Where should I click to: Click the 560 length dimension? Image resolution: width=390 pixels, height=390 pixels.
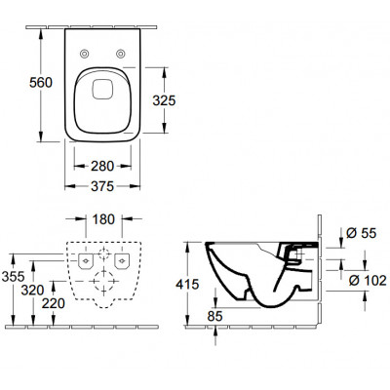coord(41,83)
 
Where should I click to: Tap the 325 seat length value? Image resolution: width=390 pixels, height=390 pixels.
coord(164,100)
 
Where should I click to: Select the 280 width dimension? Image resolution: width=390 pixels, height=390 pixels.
coord(102,167)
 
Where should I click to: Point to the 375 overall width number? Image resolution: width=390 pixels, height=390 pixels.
coord(102,186)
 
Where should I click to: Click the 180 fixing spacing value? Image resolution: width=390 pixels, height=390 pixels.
coord(103,219)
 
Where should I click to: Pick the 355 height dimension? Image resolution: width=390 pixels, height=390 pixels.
coord(14,277)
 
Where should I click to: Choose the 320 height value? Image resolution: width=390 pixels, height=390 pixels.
coord(32,291)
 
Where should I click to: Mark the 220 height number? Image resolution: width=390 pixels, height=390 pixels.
coord(54,303)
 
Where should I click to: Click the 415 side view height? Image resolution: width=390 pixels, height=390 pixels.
coord(187,285)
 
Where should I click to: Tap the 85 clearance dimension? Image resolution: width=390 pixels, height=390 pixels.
coord(214,316)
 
